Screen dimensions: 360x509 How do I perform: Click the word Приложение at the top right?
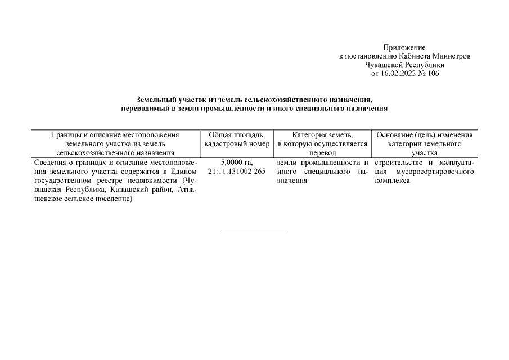404,48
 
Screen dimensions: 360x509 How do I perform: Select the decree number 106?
433,73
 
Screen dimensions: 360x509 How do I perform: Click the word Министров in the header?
450,56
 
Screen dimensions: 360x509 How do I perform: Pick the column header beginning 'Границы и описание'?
115,143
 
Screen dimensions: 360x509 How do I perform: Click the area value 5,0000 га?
237,163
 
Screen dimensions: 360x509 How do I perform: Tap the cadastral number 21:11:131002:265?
237,171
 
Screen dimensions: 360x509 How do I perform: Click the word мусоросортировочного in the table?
435,171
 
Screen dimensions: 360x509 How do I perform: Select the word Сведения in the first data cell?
51,163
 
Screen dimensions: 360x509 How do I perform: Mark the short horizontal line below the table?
254,229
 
